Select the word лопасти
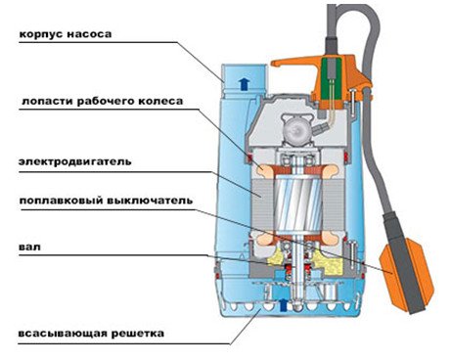[43, 101]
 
